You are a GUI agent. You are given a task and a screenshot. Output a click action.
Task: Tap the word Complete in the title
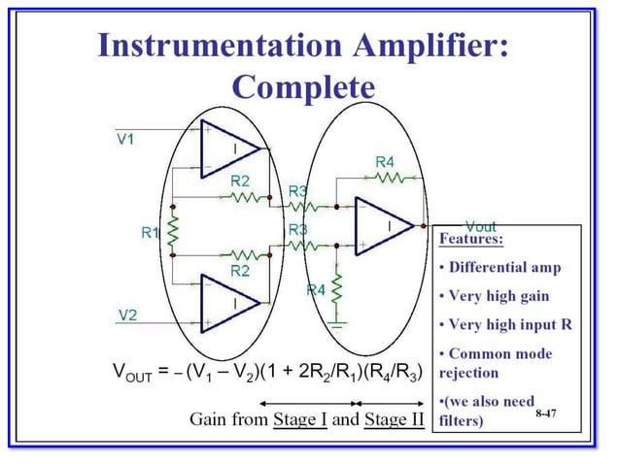[304, 86]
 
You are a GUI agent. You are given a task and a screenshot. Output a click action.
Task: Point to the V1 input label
[125, 140]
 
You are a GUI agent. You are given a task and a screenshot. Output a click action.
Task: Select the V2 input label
[127, 314]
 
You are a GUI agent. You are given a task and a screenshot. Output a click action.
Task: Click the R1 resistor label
[151, 232]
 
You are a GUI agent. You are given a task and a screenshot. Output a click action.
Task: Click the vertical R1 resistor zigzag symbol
[173, 232]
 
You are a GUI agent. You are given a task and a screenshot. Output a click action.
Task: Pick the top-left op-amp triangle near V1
[227, 149]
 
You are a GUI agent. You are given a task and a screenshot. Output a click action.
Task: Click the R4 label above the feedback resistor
[384, 160]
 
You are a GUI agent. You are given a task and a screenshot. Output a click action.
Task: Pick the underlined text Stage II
[393, 419]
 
